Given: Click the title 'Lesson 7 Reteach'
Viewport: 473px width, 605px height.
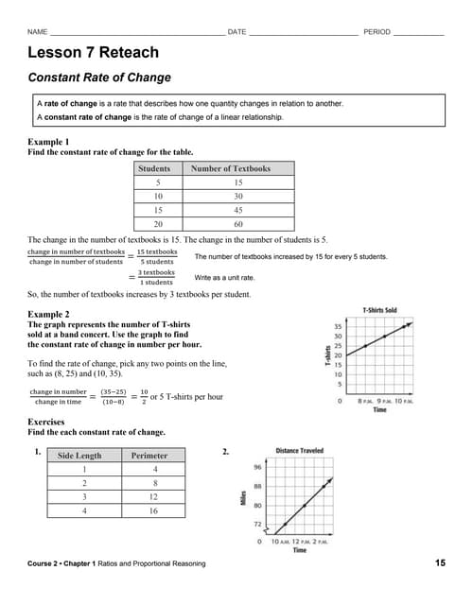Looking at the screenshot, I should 93,53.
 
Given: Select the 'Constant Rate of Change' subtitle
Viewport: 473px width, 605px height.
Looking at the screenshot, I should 99,78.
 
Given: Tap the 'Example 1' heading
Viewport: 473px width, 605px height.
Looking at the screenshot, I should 48,142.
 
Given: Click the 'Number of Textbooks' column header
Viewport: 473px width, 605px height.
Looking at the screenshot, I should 230,168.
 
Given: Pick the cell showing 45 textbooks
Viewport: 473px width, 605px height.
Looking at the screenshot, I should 237,210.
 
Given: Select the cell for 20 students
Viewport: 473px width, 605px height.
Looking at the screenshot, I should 158,224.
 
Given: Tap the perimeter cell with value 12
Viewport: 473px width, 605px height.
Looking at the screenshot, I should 155,496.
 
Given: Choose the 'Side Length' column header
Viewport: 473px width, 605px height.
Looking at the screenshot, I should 79,456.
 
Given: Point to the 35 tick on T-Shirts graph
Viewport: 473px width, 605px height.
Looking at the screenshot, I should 338,327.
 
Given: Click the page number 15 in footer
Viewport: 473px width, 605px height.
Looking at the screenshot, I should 440,563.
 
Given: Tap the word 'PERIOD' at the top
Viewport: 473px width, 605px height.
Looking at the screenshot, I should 377,32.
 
